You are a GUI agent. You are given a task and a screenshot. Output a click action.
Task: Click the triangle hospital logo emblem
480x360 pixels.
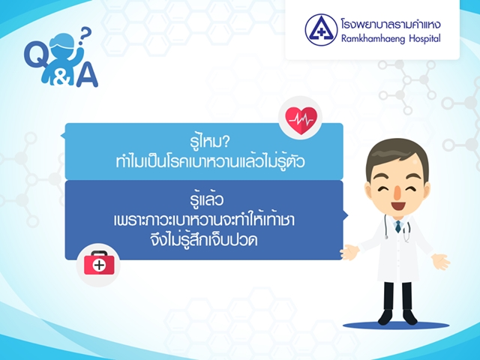321,30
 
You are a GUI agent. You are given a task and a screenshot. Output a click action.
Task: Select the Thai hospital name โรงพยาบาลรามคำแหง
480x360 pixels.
391,24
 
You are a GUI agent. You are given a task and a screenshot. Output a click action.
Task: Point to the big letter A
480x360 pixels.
87,74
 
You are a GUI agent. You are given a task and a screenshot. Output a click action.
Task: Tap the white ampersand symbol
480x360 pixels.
62,78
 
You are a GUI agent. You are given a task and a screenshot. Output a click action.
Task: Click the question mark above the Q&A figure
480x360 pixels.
84,35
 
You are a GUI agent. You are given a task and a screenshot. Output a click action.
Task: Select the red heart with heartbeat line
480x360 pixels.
301,120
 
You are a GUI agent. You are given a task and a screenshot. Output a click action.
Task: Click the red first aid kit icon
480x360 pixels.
99,263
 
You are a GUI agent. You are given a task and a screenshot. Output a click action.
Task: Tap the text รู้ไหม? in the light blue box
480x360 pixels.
209,142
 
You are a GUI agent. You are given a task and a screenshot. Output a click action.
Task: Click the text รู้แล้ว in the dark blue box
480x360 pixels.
207,198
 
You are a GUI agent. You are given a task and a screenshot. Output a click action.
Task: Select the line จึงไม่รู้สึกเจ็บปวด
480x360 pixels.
204,238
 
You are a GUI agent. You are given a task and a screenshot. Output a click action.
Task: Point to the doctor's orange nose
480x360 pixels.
397,192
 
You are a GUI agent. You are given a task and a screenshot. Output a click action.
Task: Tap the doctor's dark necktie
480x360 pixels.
398,226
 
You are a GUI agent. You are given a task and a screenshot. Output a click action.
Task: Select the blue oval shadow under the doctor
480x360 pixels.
396,325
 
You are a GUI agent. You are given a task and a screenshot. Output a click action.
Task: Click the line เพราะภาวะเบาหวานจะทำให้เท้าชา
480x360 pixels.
204,219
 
